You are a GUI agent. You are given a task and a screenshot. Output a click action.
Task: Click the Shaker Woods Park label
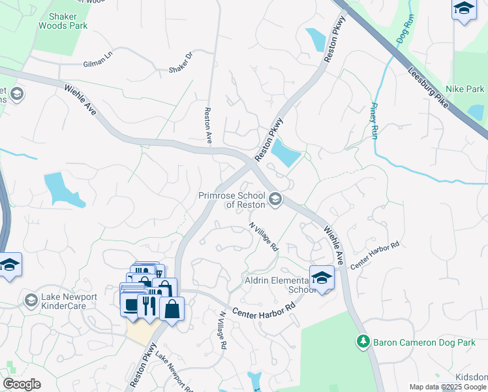coord(63,20)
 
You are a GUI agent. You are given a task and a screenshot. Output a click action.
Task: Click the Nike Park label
coord(465,89)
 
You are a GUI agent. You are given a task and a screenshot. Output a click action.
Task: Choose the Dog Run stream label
coord(405,31)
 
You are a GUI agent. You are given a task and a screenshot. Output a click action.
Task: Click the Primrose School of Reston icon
coord(275,198)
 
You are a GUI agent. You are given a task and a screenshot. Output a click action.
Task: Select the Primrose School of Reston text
coord(232,200)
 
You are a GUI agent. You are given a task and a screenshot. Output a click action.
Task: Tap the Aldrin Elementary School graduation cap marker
coord(322,278)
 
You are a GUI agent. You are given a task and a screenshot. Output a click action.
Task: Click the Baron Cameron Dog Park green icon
coord(363,341)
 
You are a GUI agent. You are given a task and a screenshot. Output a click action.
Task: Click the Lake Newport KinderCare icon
coord(30,300)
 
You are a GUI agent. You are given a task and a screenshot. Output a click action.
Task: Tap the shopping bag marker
coord(172,308)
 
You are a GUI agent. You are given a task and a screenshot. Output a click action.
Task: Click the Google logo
coord(22,384)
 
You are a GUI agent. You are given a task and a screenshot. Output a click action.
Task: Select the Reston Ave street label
coord(208,126)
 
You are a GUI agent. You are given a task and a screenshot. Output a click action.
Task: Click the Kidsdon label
coord(471,378)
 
